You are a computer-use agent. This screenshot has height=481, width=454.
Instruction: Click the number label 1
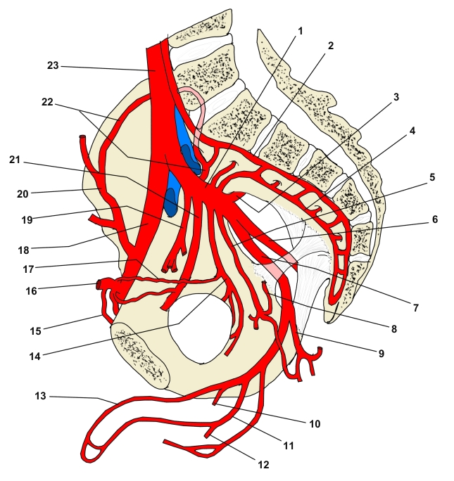pyautogui.click(x=300, y=31)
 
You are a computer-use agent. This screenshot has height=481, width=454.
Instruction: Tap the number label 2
pyautogui.click(x=330, y=46)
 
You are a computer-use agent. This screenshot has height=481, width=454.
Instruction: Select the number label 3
pyautogui.click(x=396, y=98)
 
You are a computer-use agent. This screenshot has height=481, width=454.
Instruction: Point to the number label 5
pyautogui.click(x=432, y=177)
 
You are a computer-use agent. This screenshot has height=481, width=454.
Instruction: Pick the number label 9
pyautogui.click(x=382, y=354)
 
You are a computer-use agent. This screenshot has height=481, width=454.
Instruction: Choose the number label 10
pyautogui.click(x=314, y=424)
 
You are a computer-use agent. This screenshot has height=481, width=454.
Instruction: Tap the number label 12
pyautogui.click(x=263, y=465)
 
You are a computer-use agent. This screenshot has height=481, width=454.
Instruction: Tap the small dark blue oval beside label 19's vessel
pyautogui.click(x=170, y=202)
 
